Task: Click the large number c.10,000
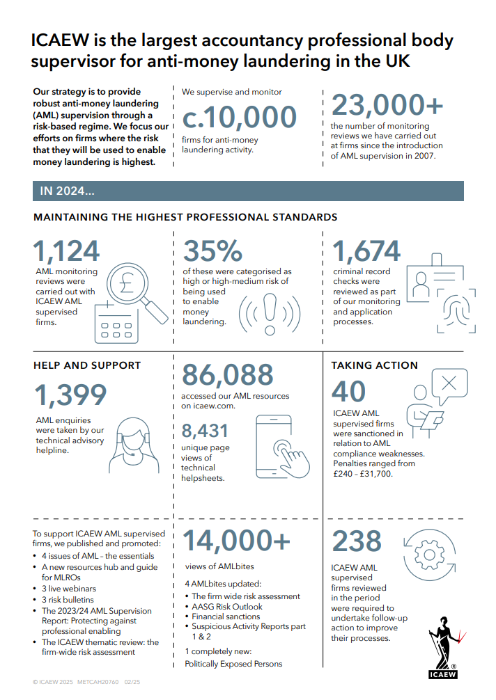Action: coord(240,117)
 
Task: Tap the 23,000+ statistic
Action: coord(387,104)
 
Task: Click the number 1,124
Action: coord(66,251)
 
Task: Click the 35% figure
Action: coord(212,251)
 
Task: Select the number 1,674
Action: coord(366,251)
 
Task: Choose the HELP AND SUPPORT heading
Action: coord(87,365)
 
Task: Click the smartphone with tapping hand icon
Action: coord(282,448)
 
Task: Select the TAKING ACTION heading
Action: coord(374,365)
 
